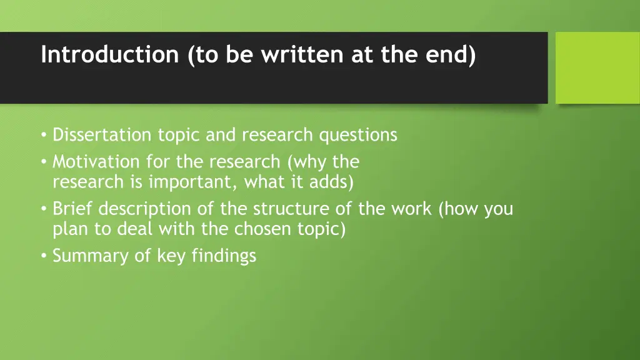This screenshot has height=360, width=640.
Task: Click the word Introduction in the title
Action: (x=109, y=55)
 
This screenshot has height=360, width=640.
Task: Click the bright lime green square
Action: (x=597, y=67)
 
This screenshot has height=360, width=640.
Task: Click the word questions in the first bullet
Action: (x=358, y=135)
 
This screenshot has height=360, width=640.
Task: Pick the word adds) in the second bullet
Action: (x=331, y=182)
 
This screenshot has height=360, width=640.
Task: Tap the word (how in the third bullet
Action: (x=459, y=208)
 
